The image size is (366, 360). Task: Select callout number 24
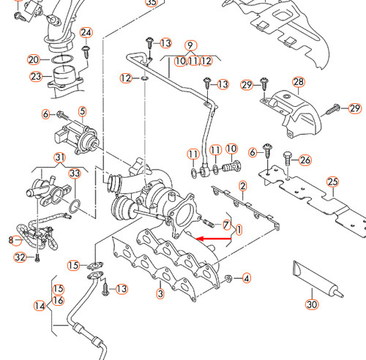[x=86, y=33]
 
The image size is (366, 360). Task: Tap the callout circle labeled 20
[x=34, y=59]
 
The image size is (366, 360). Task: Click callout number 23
[x=36, y=76]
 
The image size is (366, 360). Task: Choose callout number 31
[x=60, y=157]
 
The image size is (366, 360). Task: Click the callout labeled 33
[x=74, y=173]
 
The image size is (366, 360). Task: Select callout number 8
[x=11, y=239]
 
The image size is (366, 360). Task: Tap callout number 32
[x=20, y=257]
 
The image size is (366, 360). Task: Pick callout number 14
[x=40, y=305]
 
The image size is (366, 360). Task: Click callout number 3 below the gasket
[x=160, y=294]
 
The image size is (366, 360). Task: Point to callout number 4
[x=247, y=278]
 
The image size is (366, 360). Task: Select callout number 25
[x=333, y=181]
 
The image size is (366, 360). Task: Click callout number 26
[x=305, y=160]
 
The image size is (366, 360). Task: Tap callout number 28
[x=298, y=82]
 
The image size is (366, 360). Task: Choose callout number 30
[x=313, y=304]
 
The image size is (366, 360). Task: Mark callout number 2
[x=242, y=187]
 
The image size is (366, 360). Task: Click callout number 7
[x=226, y=224]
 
